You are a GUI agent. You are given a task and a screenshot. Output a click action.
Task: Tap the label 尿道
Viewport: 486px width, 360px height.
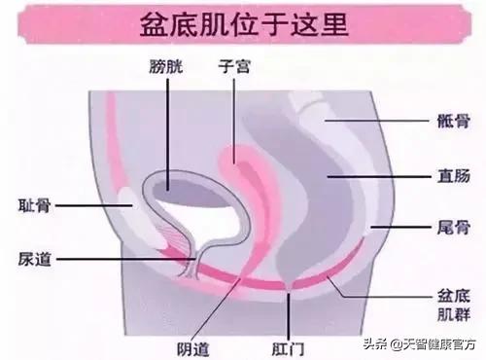coord(33,261)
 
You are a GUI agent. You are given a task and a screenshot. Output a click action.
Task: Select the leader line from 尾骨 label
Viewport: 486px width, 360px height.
coord(399,225)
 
